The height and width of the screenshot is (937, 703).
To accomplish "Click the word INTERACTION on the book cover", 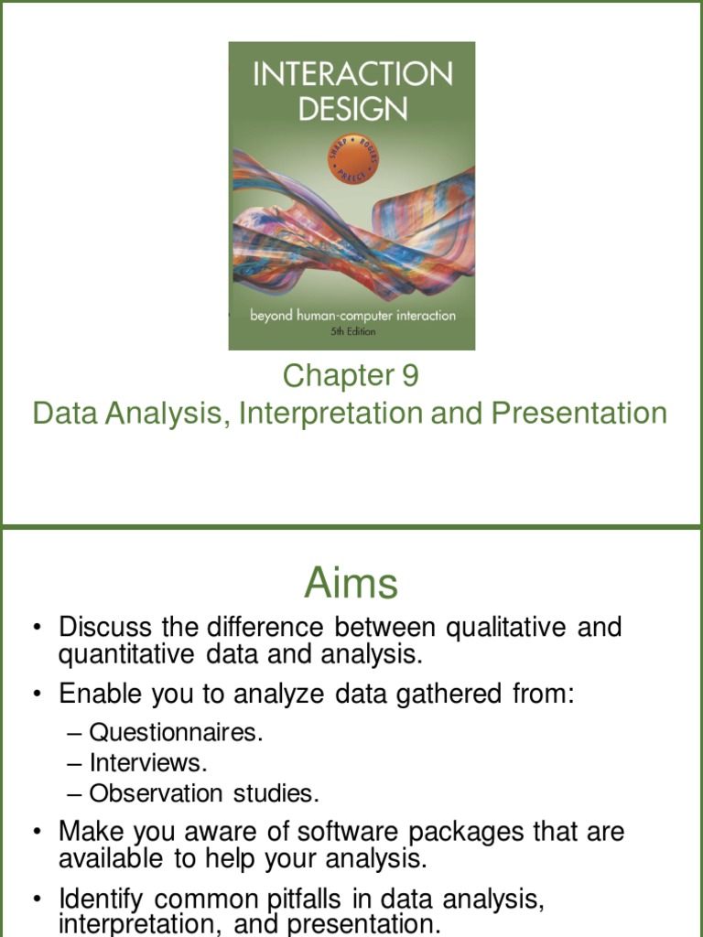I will [x=351, y=75].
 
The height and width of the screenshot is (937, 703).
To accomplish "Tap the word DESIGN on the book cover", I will [x=351, y=109].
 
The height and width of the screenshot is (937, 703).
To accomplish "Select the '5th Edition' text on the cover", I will [x=352, y=331].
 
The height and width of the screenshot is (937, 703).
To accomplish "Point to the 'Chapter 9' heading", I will [x=351, y=376].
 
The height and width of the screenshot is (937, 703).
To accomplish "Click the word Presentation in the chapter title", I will [x=579, y=414].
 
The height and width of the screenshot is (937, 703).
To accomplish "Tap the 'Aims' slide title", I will [x=351, y=583].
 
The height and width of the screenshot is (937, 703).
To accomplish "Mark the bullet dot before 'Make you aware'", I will [x=38, y=834].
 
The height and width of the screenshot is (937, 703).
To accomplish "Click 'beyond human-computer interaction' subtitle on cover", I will [x=352, y=316].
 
